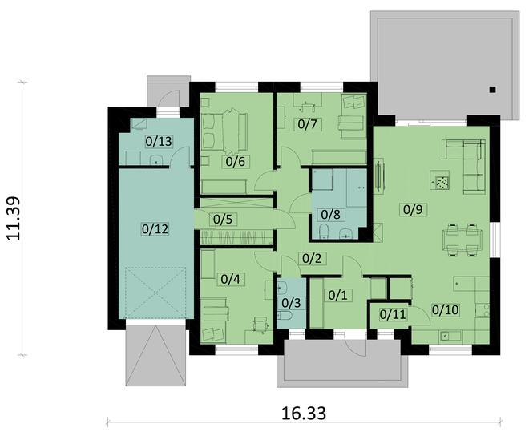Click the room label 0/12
tap(155, 229)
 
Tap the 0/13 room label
tap(159, 141)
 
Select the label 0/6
tap(235, 162)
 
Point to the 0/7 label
tap(307, 124)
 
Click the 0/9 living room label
tap(413, 209)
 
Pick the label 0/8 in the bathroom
tap(330, 214)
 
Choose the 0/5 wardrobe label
tap(223, 220)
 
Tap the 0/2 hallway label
tap(312, 259)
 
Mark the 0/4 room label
tap(230, 279)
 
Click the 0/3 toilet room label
tap(291, 303)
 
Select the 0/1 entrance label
tap(337, 295)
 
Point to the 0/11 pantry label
tap(393, 314)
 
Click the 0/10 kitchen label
tap(446, 309)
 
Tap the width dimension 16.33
tap(304, 414)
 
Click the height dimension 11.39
tap(14, 219)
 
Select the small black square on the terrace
tap(493, 90)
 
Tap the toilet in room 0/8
tap(324, 232)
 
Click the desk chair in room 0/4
tap(260, 323)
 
